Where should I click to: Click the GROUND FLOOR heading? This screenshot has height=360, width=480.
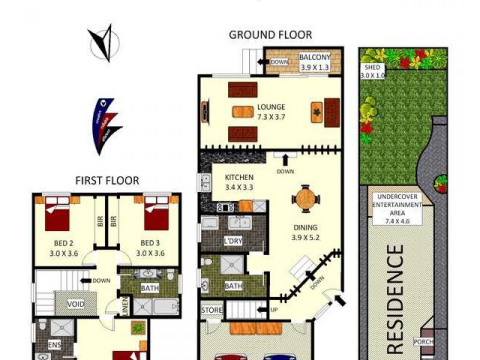pyautogui.click(x=270, y=35)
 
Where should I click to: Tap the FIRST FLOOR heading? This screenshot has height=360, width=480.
pyautogui.click(x=107, y=180)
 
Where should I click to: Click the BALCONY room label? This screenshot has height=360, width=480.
pyautogui.click(x=314, y=58)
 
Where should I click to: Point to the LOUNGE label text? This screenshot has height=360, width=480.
pyautogui.click(x=271, y=107)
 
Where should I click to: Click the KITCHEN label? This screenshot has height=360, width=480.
pyautogui.click(x=239, y=178)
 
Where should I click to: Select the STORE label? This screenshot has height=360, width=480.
pyautogui.click(x=212, y=310)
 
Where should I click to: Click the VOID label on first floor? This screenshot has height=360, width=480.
pyautogui.click(x=76, y=304)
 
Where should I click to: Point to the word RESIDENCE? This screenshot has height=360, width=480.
pyautogui.click(x=397, y=298)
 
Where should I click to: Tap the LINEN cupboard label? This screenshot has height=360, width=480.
pyautogui.click(x=125, y=305)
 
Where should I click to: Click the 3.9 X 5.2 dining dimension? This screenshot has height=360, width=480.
pyautogui.click(x=305, y=236)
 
